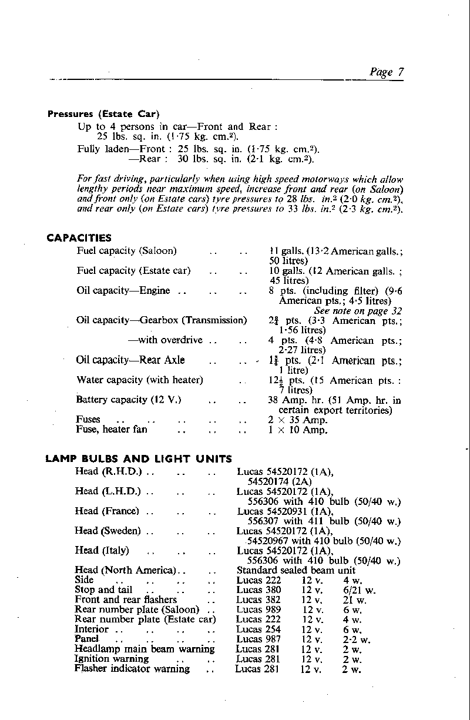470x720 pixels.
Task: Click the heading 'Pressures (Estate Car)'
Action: coord(103,114)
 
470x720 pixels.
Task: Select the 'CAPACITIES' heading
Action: coord(79,238)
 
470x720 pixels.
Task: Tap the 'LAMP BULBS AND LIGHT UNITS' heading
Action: coord(139,459)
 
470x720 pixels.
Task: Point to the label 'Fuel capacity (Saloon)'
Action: coord(126,251)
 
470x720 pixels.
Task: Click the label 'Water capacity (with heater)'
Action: coord(140,380)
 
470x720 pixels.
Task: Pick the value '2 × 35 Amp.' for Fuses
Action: coord(298,420)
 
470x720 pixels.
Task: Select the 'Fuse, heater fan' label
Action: coord(112,430)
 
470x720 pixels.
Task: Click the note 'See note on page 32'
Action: coord(358,311)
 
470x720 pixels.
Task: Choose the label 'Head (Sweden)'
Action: coord(108,531)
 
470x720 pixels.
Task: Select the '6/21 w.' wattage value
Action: coord(359,590)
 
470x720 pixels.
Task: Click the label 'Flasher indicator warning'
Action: coord(132,669)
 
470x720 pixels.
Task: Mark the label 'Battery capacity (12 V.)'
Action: coord(129,400)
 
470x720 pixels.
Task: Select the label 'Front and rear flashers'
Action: coord(126,600)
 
